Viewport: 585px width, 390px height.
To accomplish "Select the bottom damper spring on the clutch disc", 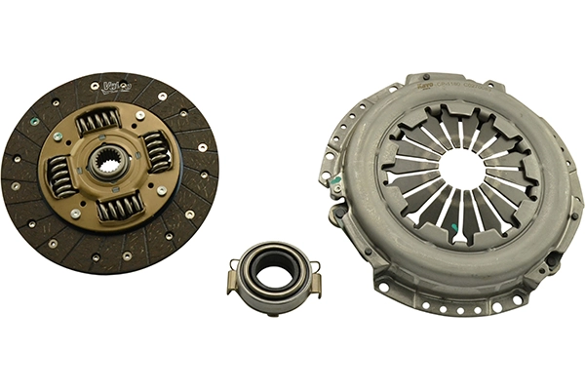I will (x=119, y=206).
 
